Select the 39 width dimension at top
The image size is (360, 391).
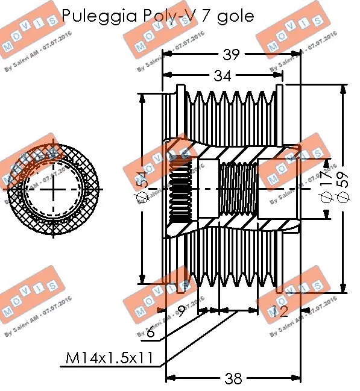[x=230, y=55]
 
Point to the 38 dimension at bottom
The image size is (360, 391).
[x=232, y=378]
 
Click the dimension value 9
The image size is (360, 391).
[x=182, y=311]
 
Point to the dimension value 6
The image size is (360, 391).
[x=151, y=332]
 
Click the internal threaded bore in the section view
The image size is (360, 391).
[x=239, y=189]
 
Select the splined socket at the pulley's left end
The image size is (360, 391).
[x=179, y=189]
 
